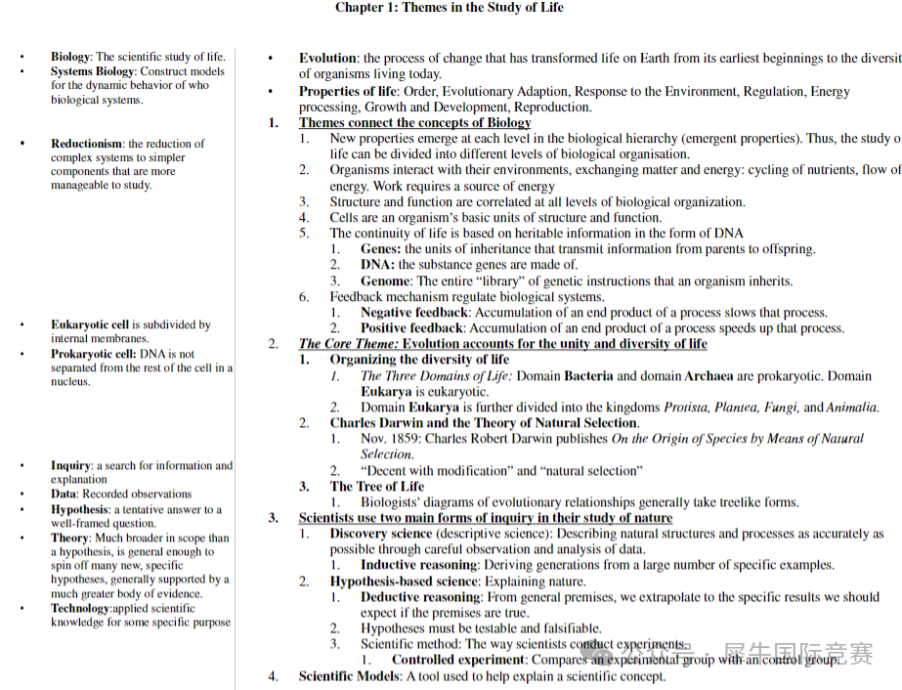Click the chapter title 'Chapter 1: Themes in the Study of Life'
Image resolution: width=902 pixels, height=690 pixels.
(x=449, y=8)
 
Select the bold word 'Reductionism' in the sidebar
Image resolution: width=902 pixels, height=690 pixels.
(x=87, y=144)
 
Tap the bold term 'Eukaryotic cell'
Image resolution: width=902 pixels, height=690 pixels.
(x=90, y=324)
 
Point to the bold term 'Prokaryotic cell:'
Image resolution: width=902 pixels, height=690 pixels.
(x=94, y=354)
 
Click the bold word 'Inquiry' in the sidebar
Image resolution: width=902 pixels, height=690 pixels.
(x=71, y=465)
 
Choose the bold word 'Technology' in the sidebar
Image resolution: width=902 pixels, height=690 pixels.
(x=81, y=608)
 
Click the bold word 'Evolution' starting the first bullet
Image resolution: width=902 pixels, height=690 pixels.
(x=328, y=59)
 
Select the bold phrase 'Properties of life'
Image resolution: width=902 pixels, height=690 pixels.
(x=349, y=92)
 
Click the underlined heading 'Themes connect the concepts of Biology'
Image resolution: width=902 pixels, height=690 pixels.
(x=414, y=123)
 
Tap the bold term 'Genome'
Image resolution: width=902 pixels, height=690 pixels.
(x=385, y=281)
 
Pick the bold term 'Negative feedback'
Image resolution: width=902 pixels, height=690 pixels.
(x=414, y=313)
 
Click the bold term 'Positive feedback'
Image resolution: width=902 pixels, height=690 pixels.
(x=412, y=328)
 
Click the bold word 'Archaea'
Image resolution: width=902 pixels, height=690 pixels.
(x=709, y=375)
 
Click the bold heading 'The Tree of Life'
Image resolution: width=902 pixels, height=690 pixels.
(x=376, y=486)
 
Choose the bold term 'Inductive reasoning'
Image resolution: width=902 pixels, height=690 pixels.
(x=420, y=565)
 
